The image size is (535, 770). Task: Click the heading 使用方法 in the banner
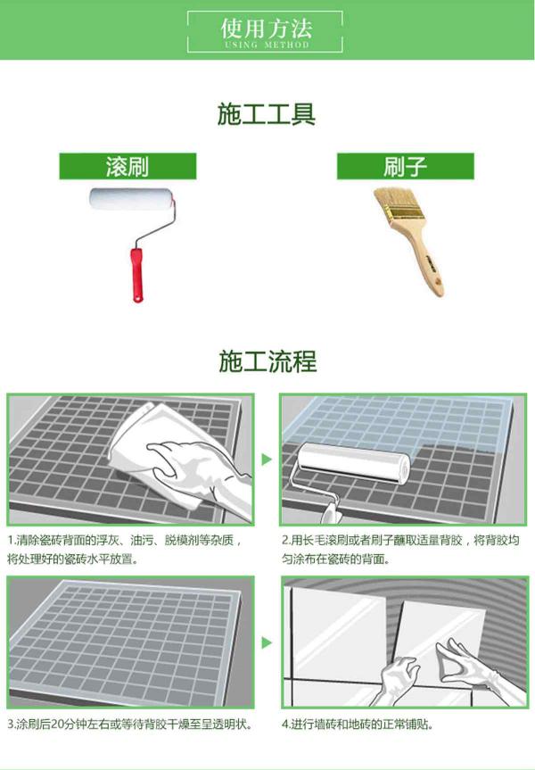point(266,28)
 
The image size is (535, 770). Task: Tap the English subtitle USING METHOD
point(267,45)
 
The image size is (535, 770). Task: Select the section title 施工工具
point(266,114)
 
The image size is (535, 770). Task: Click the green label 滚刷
point(128,166)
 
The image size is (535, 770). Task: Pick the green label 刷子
point(405,166)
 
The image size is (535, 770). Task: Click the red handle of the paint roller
point(136,276)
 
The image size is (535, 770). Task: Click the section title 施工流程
point(267,361)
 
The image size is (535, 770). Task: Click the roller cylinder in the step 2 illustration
point(353,462)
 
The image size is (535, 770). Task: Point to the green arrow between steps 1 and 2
point(267,460)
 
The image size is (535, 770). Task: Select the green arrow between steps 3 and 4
point(267,642)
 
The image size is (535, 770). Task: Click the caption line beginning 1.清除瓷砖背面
point(126,541)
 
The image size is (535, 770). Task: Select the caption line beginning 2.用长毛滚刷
point(400,541)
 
